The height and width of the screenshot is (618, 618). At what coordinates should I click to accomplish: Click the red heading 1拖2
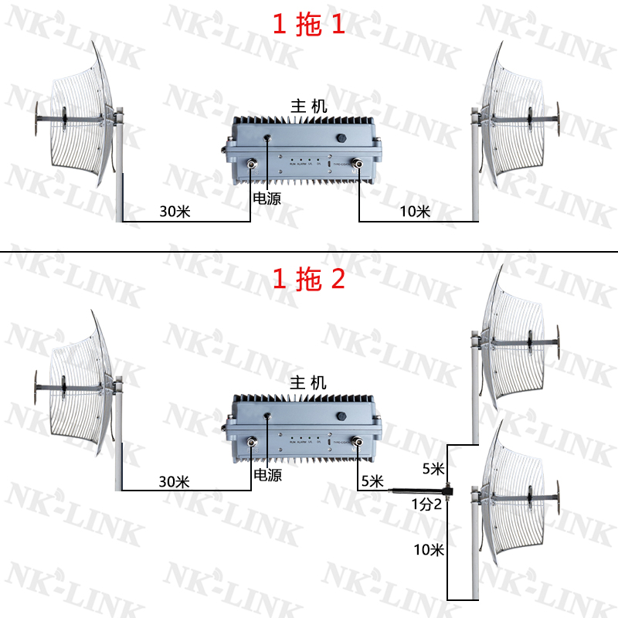(x=308, y=279)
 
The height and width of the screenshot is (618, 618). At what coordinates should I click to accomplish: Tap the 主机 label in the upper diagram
(x=308, y=107)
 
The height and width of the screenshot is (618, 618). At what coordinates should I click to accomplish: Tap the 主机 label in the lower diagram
(x=308, y=382)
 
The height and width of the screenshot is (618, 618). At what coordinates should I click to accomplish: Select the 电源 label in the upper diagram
(x=267, y=199)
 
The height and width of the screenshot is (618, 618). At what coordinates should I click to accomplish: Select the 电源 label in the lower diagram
(x=267, y=475)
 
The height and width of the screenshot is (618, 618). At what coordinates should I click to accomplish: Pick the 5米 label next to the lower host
(x=371, y=481)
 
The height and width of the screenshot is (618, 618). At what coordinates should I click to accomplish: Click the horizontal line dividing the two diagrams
(x=309, y=253)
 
